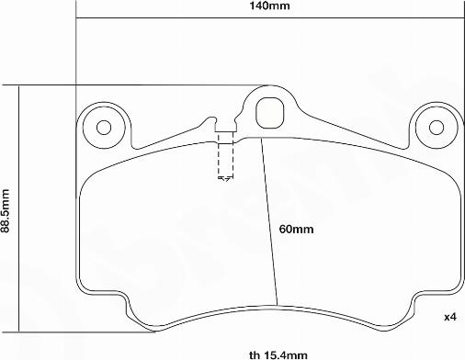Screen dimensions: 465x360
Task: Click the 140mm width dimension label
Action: (269, 6)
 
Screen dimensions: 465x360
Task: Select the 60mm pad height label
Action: (296, 229)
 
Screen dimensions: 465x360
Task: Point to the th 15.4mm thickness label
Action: (278, 355)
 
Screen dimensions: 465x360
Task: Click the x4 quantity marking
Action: (450, 317)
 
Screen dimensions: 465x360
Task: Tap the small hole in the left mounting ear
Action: (104, 128)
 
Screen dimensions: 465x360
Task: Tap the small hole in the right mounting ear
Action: (437, 128)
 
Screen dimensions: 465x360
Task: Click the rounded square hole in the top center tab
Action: (270, 113)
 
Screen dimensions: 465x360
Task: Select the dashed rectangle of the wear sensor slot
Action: (225, 154)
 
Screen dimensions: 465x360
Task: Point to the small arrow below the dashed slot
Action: (224, 178)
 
